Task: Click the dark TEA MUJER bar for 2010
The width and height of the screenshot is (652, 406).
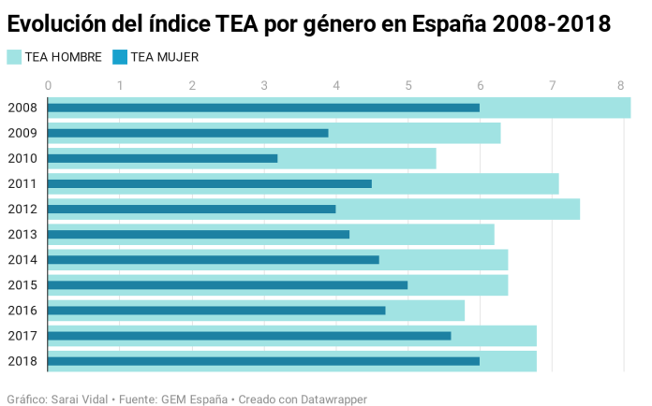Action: click(x=162, y=158)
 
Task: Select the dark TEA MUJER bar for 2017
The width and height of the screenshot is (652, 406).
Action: click(x=249, y=336)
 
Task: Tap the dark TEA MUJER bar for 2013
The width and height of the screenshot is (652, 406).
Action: click(x=199, y=234)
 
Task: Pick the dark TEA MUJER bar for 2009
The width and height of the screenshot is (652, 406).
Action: click(x=187, y=133)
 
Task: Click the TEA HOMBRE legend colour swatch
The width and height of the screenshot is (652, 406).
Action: click(x=14, y=57)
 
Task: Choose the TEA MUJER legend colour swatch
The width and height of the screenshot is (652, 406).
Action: click(x=120, y=57)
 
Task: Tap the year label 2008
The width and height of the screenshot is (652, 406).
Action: click(x=22, y=108)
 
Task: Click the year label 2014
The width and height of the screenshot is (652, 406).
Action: click(x=22, y=260)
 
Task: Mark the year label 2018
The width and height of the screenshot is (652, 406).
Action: click(x=22, y=361)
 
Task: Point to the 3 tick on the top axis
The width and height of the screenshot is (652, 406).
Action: click(x=264, y=85)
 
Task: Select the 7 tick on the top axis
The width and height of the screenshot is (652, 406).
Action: click(x=553, y=85)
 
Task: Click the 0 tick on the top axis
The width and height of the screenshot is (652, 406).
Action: click(x=48, y=85)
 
